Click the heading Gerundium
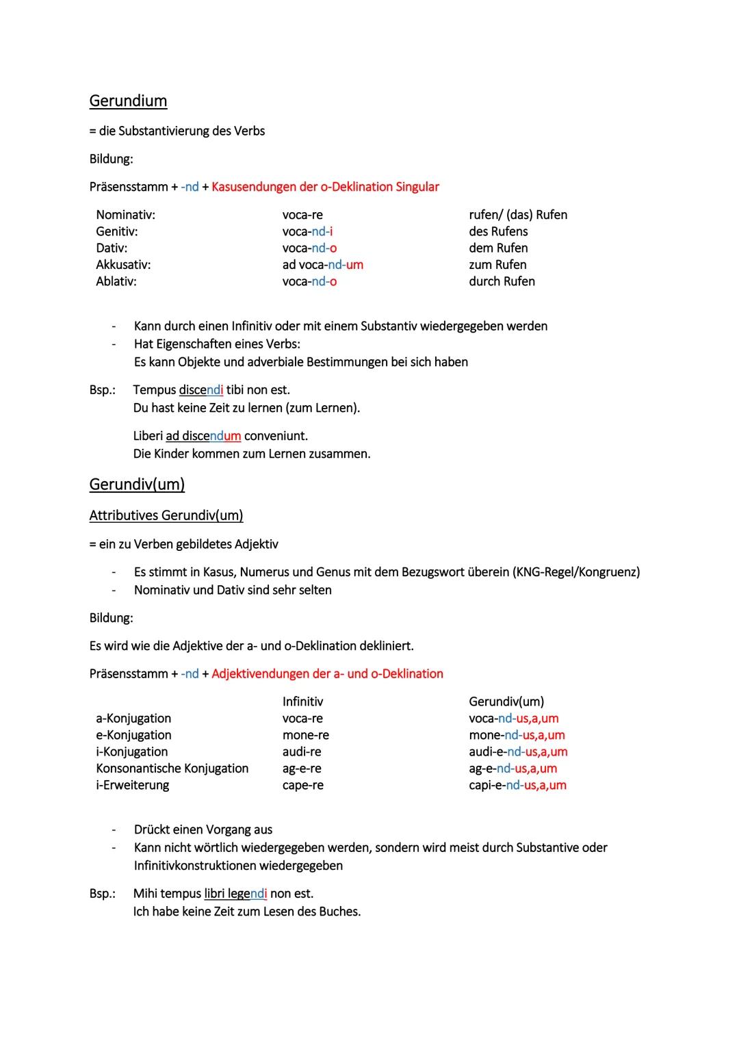[x=128, y=101]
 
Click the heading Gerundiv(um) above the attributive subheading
[x=137, y=485]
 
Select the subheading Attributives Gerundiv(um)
[x=166, y=515]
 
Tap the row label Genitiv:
[x=117, y=231]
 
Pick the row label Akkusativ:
[x=123, y=265]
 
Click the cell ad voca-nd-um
[x=322, y=265]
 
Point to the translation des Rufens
[x=498, y=231]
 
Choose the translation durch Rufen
[x=502, y=281]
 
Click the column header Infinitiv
[x=302, y=701]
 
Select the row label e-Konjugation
[x=133, y=735]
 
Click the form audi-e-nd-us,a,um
[x=518, y=751]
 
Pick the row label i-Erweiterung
[x=132, y=785]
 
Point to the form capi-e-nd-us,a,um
[x=517, y=785]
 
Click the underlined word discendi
[x=201, y=390]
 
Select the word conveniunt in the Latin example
[x=276, y=436]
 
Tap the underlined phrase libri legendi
[x=235, y=894]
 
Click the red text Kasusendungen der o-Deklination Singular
[x=325, y=187]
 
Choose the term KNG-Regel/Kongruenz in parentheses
[x=575, y=572]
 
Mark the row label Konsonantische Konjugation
[x=172, y=769]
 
